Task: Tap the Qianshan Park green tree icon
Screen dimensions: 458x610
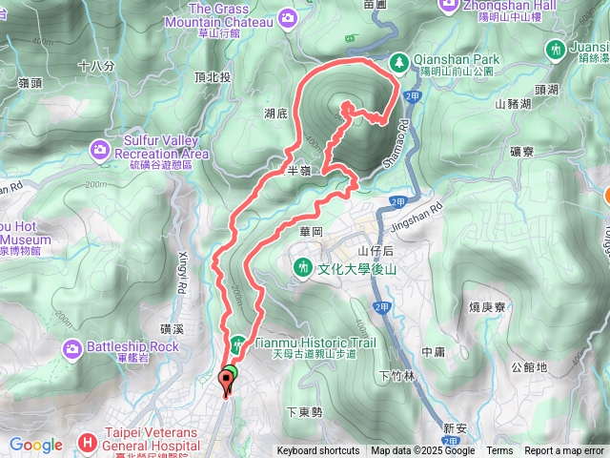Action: tap(398, 62)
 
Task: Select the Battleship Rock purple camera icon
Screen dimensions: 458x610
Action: tap(72, 349)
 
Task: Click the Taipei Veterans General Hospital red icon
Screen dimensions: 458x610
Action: tap(88, 442)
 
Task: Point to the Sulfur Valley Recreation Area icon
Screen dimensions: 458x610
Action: tap(100, 148)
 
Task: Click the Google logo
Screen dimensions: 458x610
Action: tap(35, 445)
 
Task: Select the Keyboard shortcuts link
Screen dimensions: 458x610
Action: tap(318, 451)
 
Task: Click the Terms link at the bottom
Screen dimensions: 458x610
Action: tap(499, 451)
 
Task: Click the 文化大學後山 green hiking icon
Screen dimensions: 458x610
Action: tap(303, 266)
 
